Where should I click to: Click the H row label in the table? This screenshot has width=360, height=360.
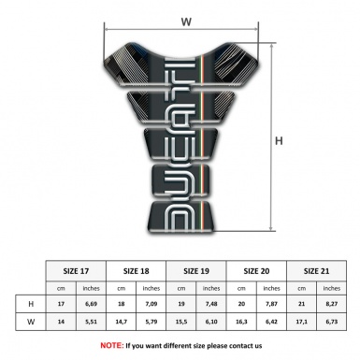(32, 304)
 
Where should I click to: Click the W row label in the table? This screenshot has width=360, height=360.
(32, 322)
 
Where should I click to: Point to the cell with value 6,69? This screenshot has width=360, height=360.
(93, 304)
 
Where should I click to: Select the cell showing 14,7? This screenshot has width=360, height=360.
(122, 322)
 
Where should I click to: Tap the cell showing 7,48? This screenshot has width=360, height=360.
(213, 304)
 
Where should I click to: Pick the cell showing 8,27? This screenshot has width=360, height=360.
(333, 304)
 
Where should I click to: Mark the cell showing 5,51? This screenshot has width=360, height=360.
(93, 322)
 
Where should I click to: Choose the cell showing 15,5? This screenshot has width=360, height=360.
(183, 322)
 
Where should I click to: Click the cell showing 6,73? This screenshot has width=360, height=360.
(333, 322)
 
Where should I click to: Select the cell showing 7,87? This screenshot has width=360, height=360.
(273, 304)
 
